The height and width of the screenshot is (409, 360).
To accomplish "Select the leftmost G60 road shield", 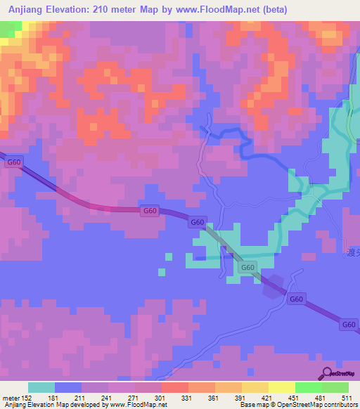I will tap(13, 162).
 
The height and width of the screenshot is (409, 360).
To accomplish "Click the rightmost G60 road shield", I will tap(349, 325).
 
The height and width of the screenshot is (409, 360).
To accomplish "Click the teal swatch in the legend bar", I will tap(41, 387).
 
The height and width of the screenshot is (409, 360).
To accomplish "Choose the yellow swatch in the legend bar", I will tap(282, 387).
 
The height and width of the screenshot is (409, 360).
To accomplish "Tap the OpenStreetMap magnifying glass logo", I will tap(328, 372).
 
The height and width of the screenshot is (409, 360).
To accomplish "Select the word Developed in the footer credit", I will tap(81, 405).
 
